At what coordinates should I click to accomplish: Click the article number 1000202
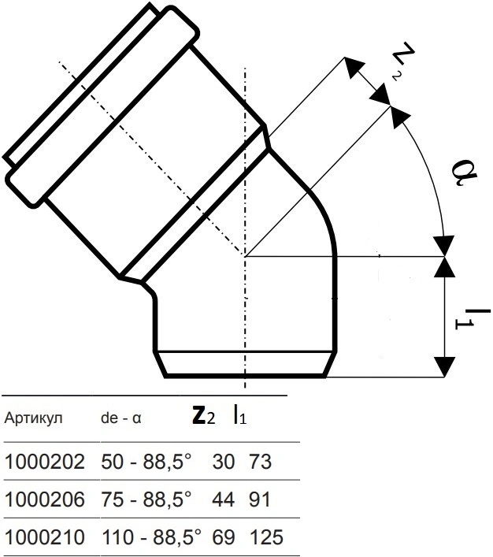pos(45,462)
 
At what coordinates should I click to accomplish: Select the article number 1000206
pos(45,499)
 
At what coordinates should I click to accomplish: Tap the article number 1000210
pos(45,537)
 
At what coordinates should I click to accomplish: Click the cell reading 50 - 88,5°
pos(146,462)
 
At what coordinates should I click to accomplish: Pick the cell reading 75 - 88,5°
pos(146,499)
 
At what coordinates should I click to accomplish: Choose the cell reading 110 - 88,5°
pos(152,537)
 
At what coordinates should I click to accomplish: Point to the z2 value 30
pos(224,462)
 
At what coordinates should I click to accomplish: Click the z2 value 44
pos(224,499)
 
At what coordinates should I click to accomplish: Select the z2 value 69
pos(224,537)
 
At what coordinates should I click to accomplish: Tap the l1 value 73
pos(261,462)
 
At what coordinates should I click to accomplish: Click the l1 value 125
pos(266,537)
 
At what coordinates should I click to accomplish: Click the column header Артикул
pos(33,418)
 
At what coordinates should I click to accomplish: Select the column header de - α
pos(121,418)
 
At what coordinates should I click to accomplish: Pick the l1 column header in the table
pos(239,415)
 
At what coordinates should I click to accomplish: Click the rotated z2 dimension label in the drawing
pos(402,61)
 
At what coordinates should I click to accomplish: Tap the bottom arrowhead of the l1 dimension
pos(445,366)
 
